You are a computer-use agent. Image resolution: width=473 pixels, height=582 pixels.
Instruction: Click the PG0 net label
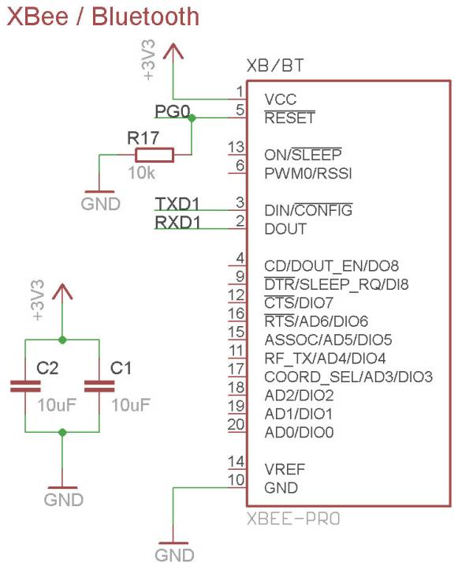point(173,111)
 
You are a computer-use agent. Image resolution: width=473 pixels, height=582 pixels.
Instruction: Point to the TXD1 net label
point(177,204)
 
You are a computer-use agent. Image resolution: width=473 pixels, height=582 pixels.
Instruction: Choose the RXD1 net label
point(177,223)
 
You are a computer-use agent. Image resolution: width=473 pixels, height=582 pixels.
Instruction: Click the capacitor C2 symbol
point(26,386)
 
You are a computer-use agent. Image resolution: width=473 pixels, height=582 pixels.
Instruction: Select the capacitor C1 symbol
point(99,386)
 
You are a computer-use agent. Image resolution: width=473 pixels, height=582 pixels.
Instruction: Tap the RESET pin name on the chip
point(289,118)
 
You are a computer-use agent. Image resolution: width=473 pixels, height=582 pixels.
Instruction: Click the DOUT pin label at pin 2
point(285,229)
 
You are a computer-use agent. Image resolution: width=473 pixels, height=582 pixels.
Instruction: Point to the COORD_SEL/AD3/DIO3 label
point(348,377)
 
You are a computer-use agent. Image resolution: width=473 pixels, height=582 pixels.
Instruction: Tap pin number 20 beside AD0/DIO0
point(236,425)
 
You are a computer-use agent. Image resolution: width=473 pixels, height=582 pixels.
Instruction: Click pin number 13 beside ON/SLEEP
point(236,147)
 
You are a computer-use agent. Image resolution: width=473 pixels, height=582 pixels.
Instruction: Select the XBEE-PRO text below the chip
point(293,520)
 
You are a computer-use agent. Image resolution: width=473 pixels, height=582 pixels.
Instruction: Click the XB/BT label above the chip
point(275,66)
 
